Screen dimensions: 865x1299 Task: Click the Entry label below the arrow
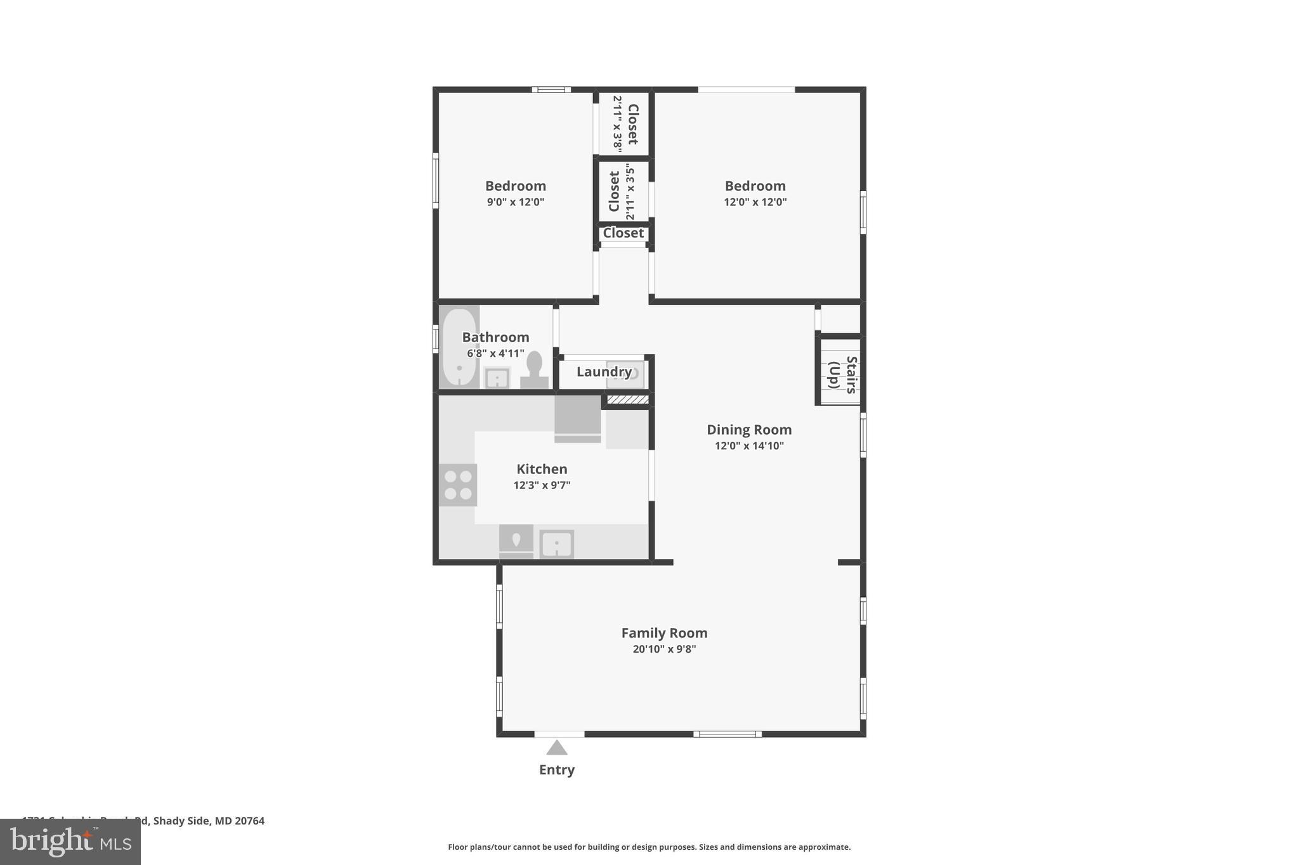click(556, 769)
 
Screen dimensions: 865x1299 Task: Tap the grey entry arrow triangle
click(556, 748)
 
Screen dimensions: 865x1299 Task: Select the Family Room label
click(664, 632)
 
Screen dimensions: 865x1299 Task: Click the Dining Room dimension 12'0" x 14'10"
click(749, 445)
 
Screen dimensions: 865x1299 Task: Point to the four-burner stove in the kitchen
click(458, 485)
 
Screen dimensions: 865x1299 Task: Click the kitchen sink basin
click(556, 544)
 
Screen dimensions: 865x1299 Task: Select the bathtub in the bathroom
click(459, 347)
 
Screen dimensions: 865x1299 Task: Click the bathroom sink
click(497, 378)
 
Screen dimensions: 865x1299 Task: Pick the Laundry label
click(603, 372)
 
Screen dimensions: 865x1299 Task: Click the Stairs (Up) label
click(842, 375)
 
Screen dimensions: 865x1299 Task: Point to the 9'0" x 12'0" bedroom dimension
click(515, 202)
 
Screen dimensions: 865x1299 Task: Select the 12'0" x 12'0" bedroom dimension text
click(755, 202)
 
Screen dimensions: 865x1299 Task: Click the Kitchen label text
click(542, 469)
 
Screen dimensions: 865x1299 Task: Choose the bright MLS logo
click(70, 842)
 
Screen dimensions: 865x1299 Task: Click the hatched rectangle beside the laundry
click(627, 399)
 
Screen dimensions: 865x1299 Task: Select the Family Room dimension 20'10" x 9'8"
click(664, 649)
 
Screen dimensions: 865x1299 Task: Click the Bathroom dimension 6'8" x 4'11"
click(495, 354)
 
